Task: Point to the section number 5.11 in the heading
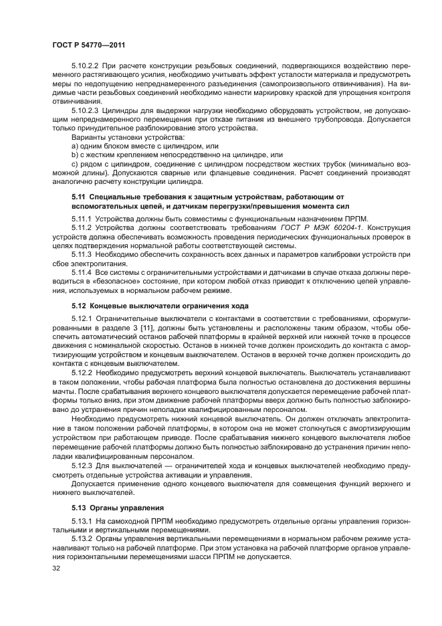pos(78,197)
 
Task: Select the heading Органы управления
pos(122,508)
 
